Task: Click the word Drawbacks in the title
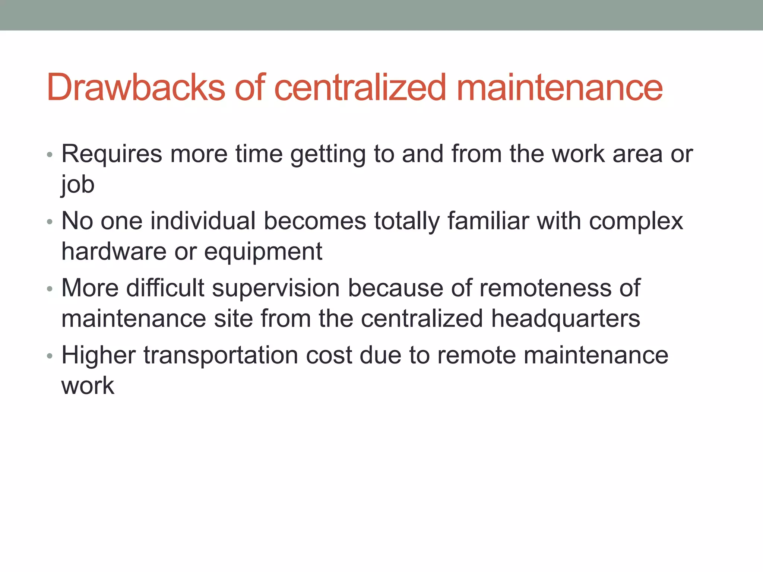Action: pos(136,88)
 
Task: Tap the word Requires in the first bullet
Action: pos(112,154)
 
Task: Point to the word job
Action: pos(78,185)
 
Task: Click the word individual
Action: pos(203,221)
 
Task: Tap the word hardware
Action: pos(114,251)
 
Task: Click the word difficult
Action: pos(165,288)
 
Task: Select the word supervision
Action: pos(276,289)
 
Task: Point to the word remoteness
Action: pos(545,288)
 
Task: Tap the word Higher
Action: pos(98,355)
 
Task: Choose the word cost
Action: pos(329,355)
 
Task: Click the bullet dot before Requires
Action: pos(50,155)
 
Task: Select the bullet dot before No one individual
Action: pos(50,222)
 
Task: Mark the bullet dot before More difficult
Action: pos(50,289)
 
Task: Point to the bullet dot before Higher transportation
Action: pos(50,356)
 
